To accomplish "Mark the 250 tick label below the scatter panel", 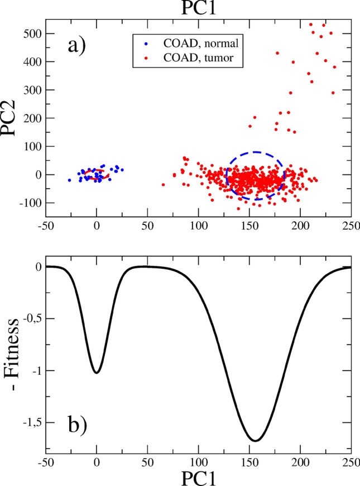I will coord(351,227).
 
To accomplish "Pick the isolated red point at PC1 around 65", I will coord(163,184).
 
